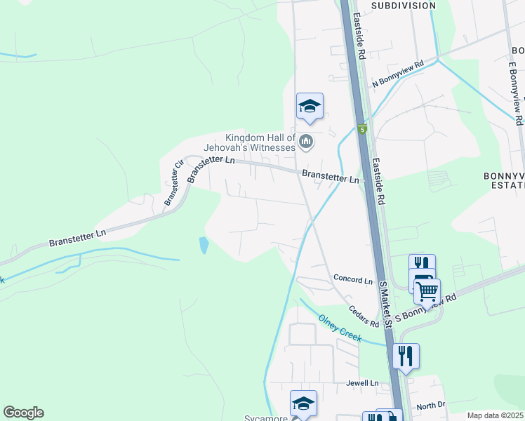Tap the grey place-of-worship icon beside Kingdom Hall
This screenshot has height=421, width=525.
[x=306, y=142]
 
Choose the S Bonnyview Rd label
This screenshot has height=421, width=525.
[x=426, y=307]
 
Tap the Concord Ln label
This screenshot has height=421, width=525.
[x=353, y=280]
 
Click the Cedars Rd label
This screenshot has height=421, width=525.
[x=364, y=314]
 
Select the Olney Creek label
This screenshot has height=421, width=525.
[x=340, y=328]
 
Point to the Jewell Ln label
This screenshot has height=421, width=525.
[x=361, y=383]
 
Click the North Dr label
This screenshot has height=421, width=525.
[x=430, y=406]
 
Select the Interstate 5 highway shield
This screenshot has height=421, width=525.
[x=362, y=130]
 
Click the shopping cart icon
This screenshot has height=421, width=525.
[x=427, y=289]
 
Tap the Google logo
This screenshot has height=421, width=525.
[x=23, y=413]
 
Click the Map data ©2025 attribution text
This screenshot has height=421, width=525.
[x=495, y=415]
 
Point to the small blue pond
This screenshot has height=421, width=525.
[x=204, y=245]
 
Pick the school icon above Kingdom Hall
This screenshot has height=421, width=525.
[x=309, y=106]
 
